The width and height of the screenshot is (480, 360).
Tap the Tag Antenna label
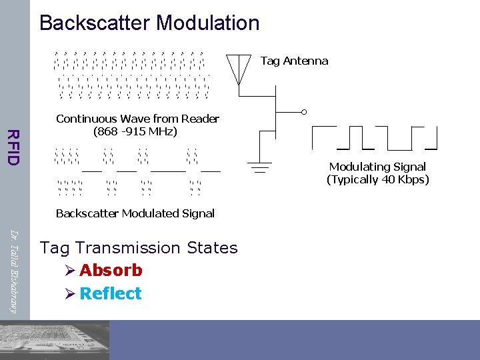[x=294, y=61]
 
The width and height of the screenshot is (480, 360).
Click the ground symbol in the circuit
[x=259, y=165]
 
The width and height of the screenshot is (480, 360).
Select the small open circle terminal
[x=304, y=111]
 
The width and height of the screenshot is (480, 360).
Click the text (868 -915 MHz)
[x=135, y=131]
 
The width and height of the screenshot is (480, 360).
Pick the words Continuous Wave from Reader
[x=137, y=119]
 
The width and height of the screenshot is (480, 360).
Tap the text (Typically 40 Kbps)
[x=377, y=179]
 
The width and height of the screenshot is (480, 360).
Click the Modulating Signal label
[x=377, y=167]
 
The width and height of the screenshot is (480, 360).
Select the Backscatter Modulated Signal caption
[x=135, y=213]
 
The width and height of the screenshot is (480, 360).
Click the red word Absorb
[x=111, y=270]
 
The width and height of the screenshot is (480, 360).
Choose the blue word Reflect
[x=110, y=293]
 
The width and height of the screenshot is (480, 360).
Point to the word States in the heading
[x=212, y=248]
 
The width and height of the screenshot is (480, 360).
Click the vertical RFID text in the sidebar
[x=13, y=146]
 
